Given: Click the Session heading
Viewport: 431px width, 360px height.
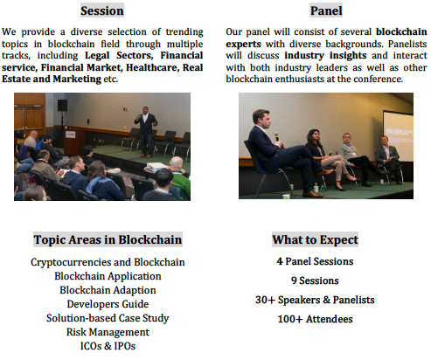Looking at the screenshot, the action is pyautogui.click(x=102, y=10).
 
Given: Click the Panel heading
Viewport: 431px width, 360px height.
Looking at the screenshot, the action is pyautogui.click(x=326, y=10).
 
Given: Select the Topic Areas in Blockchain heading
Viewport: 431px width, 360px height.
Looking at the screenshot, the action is pyautogui.click(x=108, y=239).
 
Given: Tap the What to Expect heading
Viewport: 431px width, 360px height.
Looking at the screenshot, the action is pyautogui.click(x=315, y=239).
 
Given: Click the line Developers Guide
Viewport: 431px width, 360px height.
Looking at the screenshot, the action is pyautogui.click(x=108, y=304).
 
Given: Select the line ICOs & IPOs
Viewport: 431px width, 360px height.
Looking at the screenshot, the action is pyautogui.click(x=108, y=346).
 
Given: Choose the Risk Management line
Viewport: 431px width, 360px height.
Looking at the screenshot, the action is pyautogui.click(x=108, y=332).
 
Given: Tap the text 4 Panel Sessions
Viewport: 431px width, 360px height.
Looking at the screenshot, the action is pyautogui.click(x=315, y=261).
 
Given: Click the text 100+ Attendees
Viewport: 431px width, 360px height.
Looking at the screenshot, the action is pyautogui.click(x=315, y=319).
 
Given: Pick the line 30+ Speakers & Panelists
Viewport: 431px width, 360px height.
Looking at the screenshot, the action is pyautogui.click(x=315, y=300).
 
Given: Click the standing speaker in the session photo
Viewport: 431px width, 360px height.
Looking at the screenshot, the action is pyautogui.click(x=146, y=131).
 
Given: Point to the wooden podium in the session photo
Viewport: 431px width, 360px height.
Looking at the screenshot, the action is pyautogui.click(x=72, y=142).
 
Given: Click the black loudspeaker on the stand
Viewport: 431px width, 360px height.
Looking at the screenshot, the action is pyautogui.click(x=62, y=105).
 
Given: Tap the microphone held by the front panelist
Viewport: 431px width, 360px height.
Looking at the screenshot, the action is pyautogui.click(x=277, y=138).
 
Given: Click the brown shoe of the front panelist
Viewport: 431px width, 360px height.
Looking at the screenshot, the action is pyautogui.click(x=312, y=194).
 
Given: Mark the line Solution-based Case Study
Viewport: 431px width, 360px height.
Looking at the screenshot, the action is pyautogui.click(x=108, y=318).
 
